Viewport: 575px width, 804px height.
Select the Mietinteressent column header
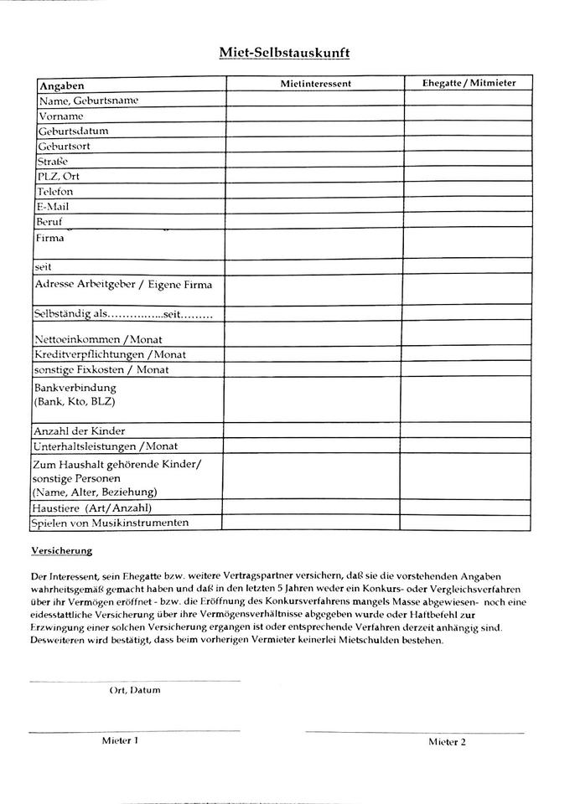coord(315,84)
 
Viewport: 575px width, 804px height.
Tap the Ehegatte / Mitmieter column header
coord(469,84)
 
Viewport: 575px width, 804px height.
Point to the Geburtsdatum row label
coord(73,131)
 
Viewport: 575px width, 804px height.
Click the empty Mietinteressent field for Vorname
coord(315,115)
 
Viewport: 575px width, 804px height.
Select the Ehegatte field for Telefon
coord(469,191)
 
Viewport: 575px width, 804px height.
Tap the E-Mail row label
coord(52,206)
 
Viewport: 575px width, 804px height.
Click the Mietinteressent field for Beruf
coord(315,221)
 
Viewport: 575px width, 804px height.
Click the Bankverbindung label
coord(75,389)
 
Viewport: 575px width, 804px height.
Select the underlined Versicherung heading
coord(61,551)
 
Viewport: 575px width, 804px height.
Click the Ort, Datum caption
coord(135,690)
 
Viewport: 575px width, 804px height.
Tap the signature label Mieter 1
coord(120,740)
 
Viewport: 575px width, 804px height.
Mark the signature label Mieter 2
coord(447,741)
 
